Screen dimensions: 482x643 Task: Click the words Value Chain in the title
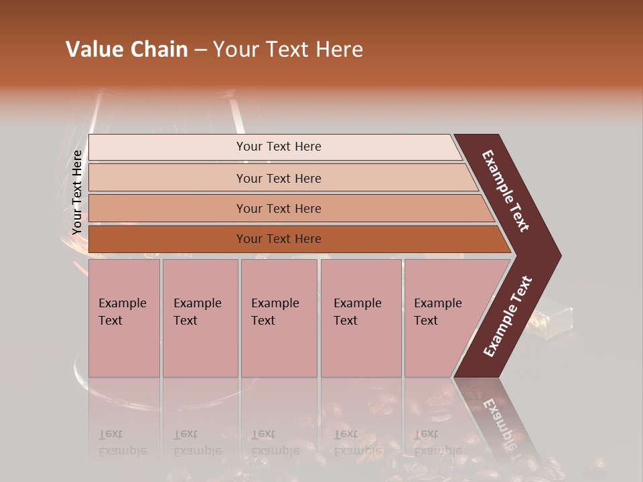(x=127, y=50)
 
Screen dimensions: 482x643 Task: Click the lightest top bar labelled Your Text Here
(x=278, y=147)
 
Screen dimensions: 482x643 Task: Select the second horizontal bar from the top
(x=278, y=178)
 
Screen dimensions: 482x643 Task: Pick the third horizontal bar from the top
(x=278, y=208)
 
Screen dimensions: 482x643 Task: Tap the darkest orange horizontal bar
(x=278, y=239)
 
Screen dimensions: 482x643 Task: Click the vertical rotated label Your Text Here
(x=77, y=192)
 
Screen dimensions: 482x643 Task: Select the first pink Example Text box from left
(x=124, y=318)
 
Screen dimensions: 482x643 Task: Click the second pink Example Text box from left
(x=200, y=318)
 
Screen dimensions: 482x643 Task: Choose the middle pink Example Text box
(x=279, y=318)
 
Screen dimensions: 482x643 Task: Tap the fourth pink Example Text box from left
(x=360, y=318)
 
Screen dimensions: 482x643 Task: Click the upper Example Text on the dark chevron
(x=506, y=191)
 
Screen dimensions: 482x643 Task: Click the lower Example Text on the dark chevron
(x=508, y=317)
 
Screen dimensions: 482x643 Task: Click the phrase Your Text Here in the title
(x=288, y=50)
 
